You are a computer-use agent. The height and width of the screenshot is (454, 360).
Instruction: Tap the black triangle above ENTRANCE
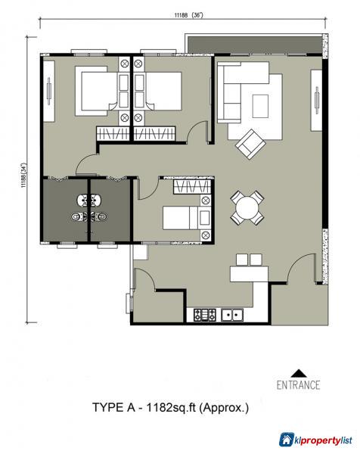pos(300,372)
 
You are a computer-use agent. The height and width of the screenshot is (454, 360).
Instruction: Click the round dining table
pos(247,206)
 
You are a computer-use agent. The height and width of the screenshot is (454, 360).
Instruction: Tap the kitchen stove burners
pos(204,313)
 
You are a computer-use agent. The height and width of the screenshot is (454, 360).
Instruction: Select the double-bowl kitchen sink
pos(231,313)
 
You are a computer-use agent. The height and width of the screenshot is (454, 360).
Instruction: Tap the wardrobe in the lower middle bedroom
pos(186,187)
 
